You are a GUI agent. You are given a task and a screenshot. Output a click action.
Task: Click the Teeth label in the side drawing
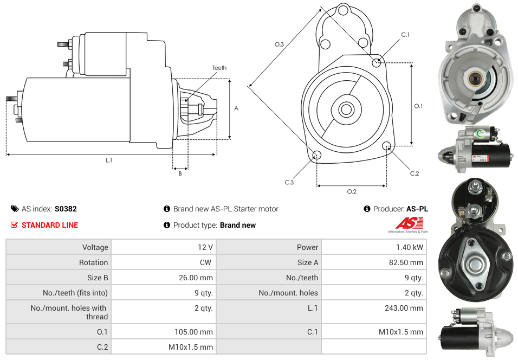coord(219,68)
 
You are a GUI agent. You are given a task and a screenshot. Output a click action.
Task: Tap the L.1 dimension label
coord(109,160)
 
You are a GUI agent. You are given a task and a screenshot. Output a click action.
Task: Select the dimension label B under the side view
coord(180,173)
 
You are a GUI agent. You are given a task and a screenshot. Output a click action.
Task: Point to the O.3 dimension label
coord(279,44)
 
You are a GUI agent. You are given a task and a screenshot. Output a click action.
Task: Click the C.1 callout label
coord(405,35)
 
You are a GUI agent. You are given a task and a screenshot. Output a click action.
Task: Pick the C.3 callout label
coord(289,182)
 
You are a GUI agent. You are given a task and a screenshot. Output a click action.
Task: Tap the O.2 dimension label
coord(351,191)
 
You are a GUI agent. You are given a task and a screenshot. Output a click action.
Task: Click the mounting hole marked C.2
coord(387,146)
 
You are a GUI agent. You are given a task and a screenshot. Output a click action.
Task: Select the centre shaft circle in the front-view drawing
coord(346,110)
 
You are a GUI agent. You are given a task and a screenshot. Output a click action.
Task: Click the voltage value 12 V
coord(205,247)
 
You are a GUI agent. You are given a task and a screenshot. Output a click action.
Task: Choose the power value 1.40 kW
coord(410,247)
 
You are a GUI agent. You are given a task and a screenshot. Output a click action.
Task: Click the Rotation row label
coord(93,262)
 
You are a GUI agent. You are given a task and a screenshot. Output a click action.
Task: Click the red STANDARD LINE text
coord(50,225)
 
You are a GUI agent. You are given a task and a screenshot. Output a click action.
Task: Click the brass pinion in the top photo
coord(475,79)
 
